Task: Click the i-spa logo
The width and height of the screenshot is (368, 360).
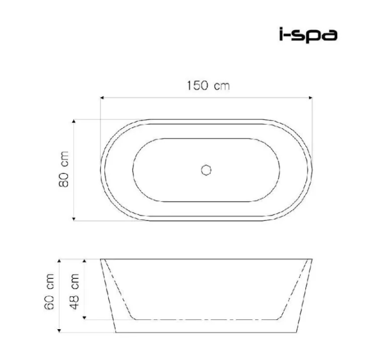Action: coord(308,35)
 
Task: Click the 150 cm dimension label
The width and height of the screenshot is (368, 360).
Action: coord(208,85)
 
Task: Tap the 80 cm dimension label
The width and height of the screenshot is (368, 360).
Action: coord(64,169)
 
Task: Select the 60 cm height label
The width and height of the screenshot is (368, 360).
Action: coord(49,291)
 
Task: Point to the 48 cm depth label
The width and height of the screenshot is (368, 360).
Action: coord(75,291)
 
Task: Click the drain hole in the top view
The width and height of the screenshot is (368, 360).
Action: coord(206,170)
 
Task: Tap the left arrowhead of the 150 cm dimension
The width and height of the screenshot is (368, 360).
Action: coord(102,98)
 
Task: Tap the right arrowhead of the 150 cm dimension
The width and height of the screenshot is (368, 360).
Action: coord(311,98)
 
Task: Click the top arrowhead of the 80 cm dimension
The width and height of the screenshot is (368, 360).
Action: coord(73,121)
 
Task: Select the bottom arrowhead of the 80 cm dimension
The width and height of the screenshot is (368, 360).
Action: coord(73,219)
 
